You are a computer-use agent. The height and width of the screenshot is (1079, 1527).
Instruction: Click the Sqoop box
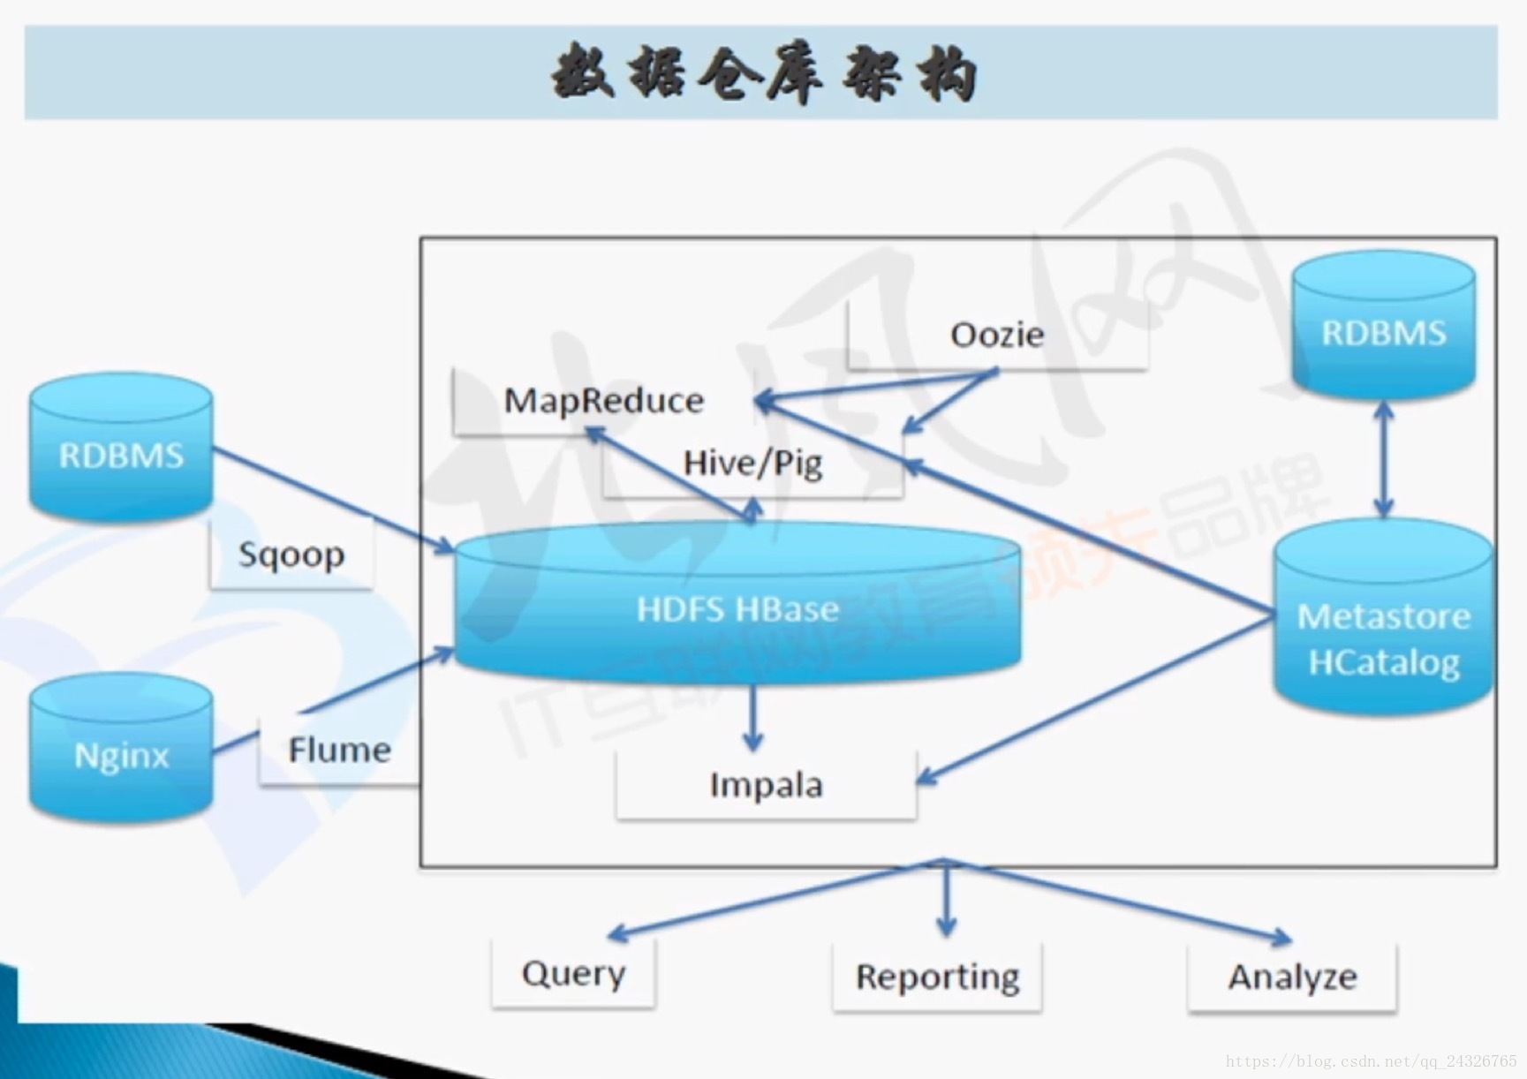point(291,555)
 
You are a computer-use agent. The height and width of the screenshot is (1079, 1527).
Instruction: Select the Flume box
point(339,750)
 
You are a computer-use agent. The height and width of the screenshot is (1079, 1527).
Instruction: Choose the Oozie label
point(997,335)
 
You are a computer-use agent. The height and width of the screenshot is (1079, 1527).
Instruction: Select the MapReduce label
point(604,401)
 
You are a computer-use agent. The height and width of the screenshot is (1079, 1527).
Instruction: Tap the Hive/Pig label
point(752,463)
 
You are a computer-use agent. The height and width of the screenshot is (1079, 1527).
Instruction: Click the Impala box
point(766,785)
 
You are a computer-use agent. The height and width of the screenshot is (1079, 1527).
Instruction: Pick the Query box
point(573,974)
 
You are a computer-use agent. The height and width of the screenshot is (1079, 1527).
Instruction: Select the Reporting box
point(937,977)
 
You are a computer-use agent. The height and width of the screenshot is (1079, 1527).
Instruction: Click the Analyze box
point(1292,977)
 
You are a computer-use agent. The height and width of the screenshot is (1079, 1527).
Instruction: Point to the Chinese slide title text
point(763,73)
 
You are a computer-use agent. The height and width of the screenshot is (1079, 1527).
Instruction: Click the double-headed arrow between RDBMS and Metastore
point(1383,459)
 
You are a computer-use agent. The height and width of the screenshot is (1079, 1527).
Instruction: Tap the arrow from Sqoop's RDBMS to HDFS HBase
point(332,499)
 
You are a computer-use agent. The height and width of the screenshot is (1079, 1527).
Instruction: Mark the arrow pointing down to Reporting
point(946,901)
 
